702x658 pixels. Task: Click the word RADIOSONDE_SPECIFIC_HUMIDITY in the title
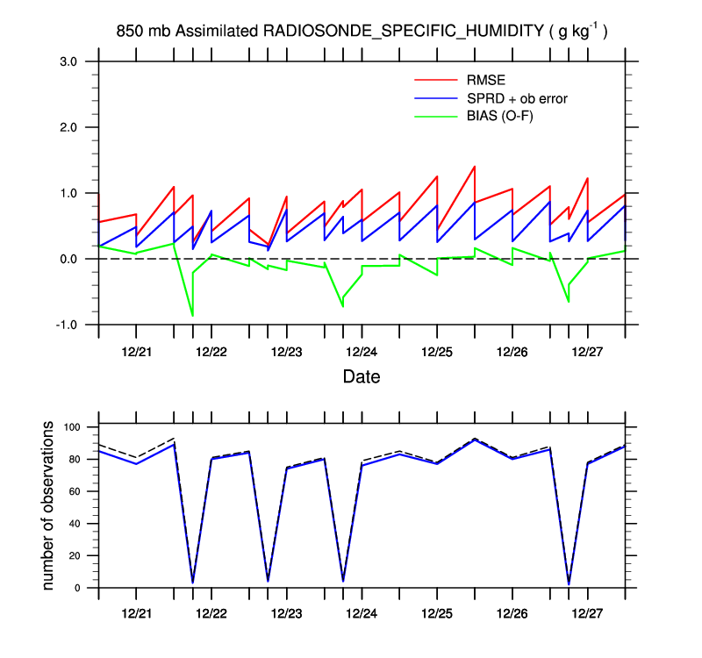click(x=403, y=32)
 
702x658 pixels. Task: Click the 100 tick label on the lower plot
click(x=71, y=427)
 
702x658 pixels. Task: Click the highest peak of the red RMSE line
click(x=474, y=166)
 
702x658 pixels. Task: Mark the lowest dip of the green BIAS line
click(x=192, y=315)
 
